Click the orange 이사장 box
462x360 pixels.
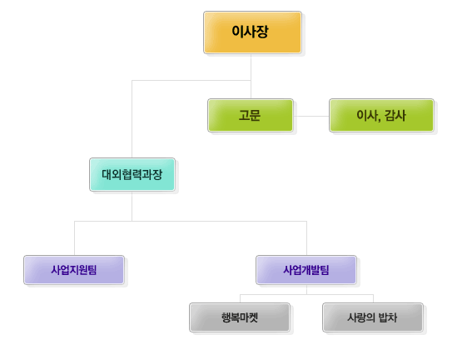coord(252,32)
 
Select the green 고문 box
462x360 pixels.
coord(251,115)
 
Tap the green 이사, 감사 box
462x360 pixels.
coord(381,115)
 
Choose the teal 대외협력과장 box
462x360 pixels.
coord(132,174)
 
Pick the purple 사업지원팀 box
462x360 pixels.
coord(74,270)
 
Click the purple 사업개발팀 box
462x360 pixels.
coord(306,270)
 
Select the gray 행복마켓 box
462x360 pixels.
coord(240,317)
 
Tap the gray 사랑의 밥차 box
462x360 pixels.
coord(373,317)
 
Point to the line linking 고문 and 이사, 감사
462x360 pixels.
coord(311,116)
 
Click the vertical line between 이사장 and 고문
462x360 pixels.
coord(251,76)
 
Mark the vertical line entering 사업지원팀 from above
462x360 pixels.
coord(75,238)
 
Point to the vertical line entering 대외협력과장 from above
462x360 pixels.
coord(132,119)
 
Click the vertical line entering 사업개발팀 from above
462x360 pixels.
coord(306,238)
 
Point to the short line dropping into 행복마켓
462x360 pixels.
coord(240,298)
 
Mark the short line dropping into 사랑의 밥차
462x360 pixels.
coord(373,298)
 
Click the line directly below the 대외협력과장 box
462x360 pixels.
coord(132,206)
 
